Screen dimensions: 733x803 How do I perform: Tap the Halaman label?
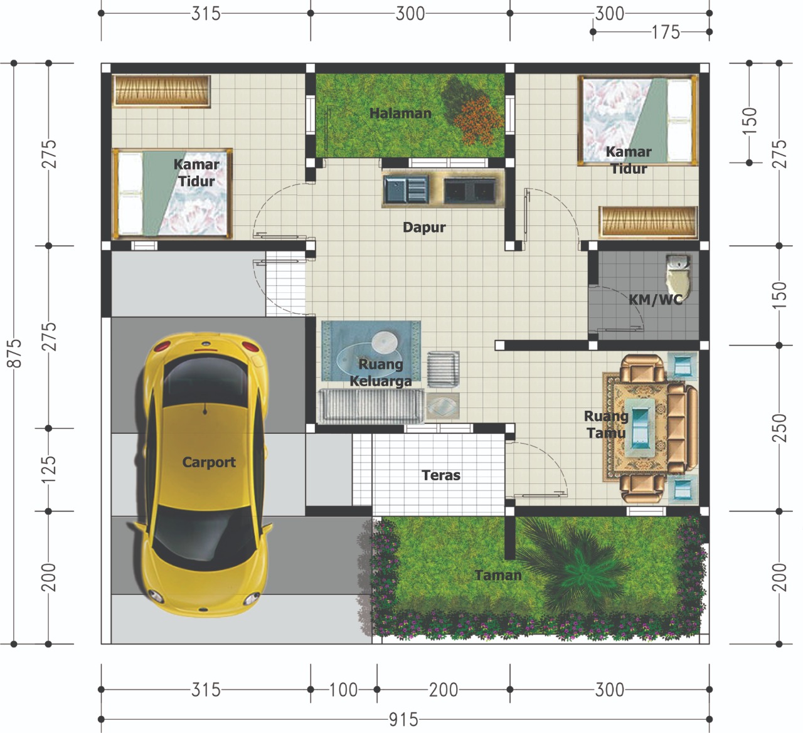click(x=400, y=113)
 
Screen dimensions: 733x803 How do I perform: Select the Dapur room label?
click(x=424, y=228)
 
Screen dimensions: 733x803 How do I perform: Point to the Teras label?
click(x=440, y=475)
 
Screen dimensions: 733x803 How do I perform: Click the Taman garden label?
click(x=497, y=575)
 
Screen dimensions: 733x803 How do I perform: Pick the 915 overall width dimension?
click(x=403, y=719)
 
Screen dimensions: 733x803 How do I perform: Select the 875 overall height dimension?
click(x=14, y=353)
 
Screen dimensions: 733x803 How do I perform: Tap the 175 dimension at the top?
click(x=666, y=32)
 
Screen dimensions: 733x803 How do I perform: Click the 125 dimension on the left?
click(x=48, y=470)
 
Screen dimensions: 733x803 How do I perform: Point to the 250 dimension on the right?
click(x=779, y=428)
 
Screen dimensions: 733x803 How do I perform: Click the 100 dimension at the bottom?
click(x=343, y=690)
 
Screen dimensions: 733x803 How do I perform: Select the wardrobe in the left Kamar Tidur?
click(x=161, y=91)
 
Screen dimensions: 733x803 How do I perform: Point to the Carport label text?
click(x=208, y=462)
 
